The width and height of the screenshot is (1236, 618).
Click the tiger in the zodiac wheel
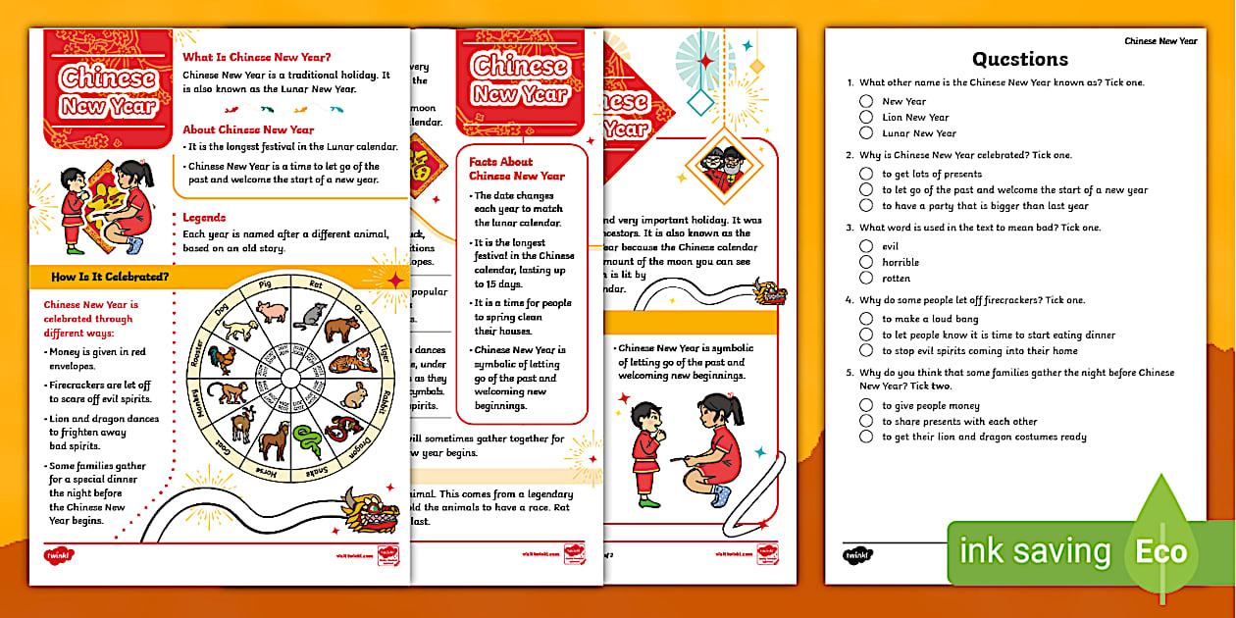[x=352, y=361]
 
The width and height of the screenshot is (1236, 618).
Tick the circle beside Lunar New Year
[x=866, y=133]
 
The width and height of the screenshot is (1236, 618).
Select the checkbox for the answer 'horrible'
[x=866, y=263]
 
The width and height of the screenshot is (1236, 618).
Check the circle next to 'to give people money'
[x=866, y=406]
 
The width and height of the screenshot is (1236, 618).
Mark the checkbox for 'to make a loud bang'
[x=866, y=319]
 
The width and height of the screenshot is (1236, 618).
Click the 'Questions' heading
[x=1019, y=59]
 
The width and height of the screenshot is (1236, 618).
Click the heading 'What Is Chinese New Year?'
[x=257, y=57]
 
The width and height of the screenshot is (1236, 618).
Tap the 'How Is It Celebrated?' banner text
[x=110, y=278]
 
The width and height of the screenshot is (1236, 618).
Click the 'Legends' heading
[x=204, y=218]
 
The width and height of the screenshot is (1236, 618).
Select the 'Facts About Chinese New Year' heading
[x=517, y=169]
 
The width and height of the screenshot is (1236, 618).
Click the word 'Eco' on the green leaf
[x=1161, y=551]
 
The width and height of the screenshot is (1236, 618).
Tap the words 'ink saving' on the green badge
[x=1035, y=551]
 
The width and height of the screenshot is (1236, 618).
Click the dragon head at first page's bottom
[x=370, y=509]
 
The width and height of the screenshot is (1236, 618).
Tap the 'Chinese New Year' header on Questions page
[x=1160, y=41]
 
